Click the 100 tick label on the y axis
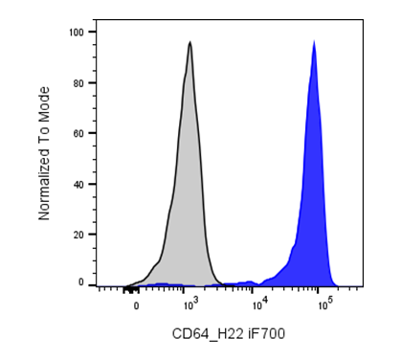click(76, 33)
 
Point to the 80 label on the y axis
click(78, 83)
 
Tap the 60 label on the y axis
click(78, 133)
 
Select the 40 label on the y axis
click(78, 185)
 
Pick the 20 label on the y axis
click(78, 235)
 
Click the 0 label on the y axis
click(81, 282)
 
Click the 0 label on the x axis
click(136, 306)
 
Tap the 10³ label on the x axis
click(189, 304)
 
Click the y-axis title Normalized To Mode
click(44, 153)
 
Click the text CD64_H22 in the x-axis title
click(208, 334)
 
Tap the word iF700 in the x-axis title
click(266, 334)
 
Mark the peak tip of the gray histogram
click(190, 41)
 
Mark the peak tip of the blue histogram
click(314, 40)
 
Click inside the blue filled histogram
click(314, 191)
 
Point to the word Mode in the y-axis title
click(44, 103)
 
